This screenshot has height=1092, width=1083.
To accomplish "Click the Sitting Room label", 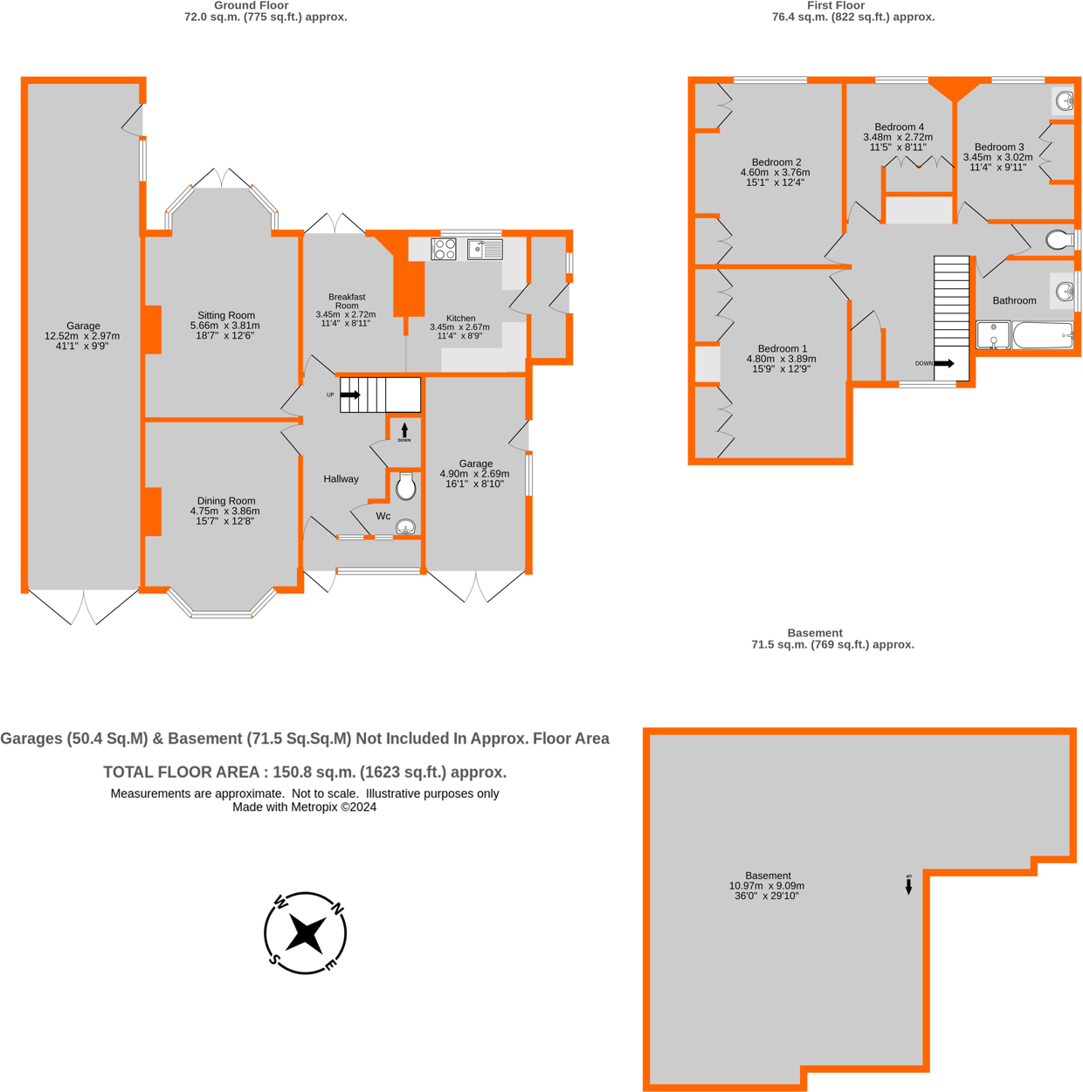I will [225, 315].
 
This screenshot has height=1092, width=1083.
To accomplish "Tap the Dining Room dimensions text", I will [225, 516].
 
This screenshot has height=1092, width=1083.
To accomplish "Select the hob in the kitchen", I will [444, 249].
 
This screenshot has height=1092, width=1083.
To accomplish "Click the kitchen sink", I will [485, 249].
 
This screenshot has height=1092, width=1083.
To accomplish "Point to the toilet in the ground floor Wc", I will [405, 487].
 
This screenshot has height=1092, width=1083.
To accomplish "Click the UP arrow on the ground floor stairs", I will [349, 395].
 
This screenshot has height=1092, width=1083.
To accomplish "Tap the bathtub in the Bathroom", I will [1043, 335].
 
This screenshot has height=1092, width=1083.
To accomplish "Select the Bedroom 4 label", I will [899, 127].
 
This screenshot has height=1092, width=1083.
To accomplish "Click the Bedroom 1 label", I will [782, 348].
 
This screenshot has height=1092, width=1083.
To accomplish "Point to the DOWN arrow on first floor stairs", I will [944, 363].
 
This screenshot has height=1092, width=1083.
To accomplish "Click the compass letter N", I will [337, 910].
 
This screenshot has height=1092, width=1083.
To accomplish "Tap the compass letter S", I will [273, 959].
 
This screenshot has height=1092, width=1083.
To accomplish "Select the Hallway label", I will [341, 478].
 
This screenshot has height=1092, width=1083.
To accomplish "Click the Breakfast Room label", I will [347, 301].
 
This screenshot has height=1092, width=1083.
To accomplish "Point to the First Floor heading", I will [835, 5].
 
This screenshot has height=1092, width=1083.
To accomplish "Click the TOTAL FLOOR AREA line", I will [305, 772].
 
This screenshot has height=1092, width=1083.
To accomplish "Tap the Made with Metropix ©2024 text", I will [304, 807].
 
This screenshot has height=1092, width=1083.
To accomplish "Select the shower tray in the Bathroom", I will [993, 335].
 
